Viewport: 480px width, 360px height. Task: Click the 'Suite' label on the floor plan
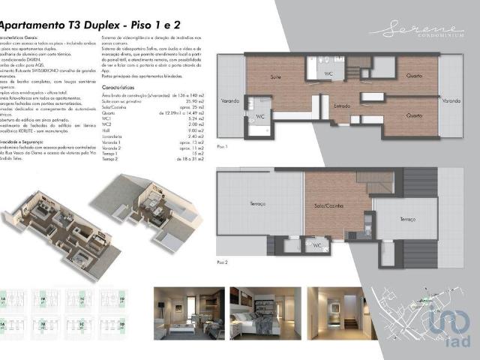pos(276,77)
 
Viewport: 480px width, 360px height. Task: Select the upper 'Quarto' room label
pos(414,76)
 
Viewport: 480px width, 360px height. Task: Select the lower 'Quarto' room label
pos(414,115)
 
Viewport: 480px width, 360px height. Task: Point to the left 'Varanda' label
pos(230,100)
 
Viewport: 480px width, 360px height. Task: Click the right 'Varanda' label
pos(451,100)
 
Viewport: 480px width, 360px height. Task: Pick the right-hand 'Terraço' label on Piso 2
pos(407,219)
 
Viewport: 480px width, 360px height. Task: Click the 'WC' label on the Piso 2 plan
pos(317,244)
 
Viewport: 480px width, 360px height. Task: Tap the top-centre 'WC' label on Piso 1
pos(328,73)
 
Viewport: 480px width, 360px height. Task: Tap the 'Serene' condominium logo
pos(416,30)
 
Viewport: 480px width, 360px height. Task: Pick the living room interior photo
pos(188,310)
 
